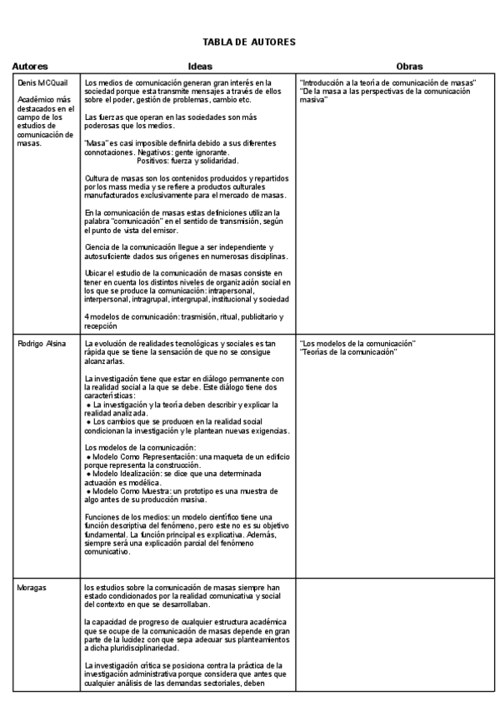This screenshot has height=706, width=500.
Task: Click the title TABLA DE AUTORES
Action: click(249, 41)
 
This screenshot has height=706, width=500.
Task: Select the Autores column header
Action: click(30, 66)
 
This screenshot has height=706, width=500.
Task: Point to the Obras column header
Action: click(410, 66)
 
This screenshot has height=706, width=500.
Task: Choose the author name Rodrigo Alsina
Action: click(41, 344)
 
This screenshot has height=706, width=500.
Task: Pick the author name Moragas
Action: click(32, 588)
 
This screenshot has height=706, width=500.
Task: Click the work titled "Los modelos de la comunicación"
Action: click(357, 344)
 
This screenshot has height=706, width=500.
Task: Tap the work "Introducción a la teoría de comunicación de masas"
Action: click(387, 82)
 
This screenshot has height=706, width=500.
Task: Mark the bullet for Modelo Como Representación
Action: click(89, 457)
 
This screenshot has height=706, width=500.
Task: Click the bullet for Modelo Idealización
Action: click(89, 473)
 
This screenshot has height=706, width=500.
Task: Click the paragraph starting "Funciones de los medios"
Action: click(183, 533)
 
